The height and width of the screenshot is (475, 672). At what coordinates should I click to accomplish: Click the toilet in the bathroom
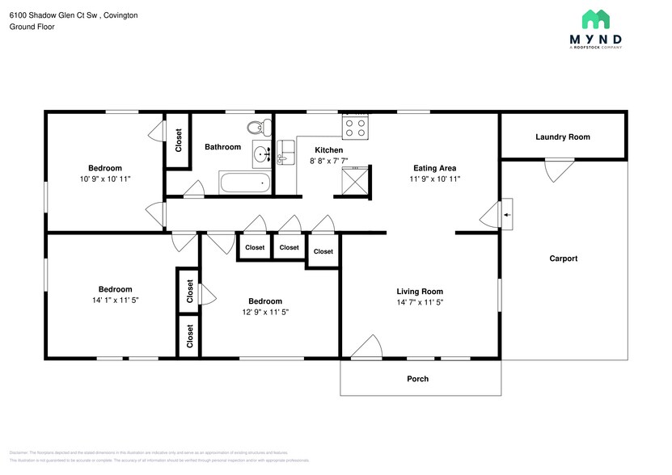point(257,127)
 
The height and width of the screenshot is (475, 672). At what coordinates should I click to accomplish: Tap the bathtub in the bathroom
point(246,183)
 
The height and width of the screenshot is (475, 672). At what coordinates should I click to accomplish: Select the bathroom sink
point(261,153)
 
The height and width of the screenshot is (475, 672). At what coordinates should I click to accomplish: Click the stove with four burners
point(356,126)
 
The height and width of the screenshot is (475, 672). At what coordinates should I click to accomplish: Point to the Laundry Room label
point(562,137)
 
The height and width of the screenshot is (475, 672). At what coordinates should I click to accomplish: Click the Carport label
point(563,259)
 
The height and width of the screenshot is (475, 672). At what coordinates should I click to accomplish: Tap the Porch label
point(418,379)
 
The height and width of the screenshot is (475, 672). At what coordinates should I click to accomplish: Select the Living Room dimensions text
point(420,303)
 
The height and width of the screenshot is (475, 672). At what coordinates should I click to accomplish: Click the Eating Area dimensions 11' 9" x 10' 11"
point(435,179)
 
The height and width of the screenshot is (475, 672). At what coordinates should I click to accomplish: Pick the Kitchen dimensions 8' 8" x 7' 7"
point(329,162)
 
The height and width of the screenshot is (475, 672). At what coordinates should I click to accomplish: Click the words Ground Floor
point(32,27)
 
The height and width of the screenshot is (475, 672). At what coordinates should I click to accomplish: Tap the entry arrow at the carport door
point(507,215)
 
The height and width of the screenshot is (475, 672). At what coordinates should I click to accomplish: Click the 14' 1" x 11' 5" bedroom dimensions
point(116,301)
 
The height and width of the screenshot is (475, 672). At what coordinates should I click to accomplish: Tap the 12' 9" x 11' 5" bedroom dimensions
point(265,312)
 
